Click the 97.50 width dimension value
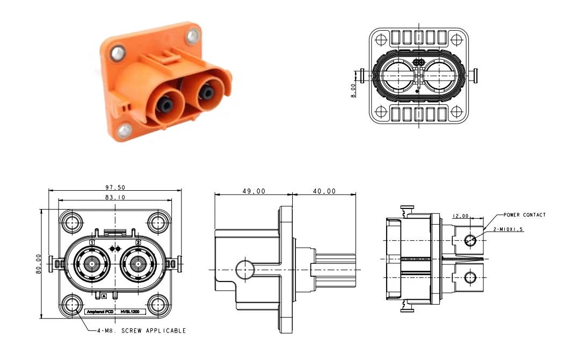(x=114, y=187)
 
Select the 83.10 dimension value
(x=114, y=197)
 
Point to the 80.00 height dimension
(x=39, y=264)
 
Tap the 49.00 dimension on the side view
(x=252, y=191)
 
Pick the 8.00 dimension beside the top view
(x=353, y=89)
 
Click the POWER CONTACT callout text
(x=524, y=215)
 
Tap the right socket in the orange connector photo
(x=205, y=95)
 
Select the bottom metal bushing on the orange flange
(x=126, y=129)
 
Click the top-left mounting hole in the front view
(x=72, y=221)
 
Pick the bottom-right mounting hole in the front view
(x=157, y=305)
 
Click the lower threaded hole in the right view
(x=470, y=277)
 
